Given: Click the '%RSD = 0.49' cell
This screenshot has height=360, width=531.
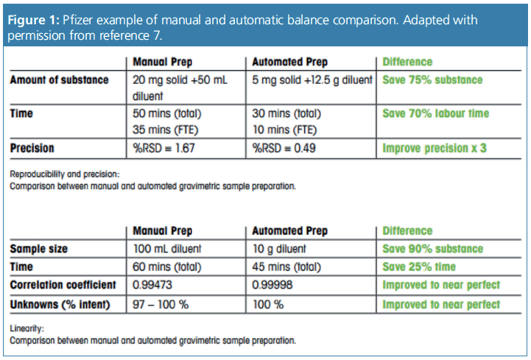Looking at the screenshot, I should pos(284,148).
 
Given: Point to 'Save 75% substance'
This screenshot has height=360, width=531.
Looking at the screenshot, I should pos(432,80).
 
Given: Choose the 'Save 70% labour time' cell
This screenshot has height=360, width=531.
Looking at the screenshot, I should pos(435,113).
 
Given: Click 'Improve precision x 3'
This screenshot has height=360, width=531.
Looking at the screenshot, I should pos(435,148).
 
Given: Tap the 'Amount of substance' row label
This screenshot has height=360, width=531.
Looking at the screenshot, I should pos(60,80).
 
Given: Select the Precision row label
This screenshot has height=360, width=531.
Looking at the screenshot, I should pos(33,148).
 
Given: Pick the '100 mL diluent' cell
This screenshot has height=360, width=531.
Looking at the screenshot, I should pos(168,249).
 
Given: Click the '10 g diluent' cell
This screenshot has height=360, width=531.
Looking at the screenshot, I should pos(279,249).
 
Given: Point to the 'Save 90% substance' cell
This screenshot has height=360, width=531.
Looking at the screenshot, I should pos(432,249).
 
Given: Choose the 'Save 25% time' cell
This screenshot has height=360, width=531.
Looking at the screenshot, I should pos(419,267).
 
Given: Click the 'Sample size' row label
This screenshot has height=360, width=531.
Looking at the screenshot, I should pos(39,249).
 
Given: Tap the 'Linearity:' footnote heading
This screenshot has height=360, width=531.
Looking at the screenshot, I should pos(27,329).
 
